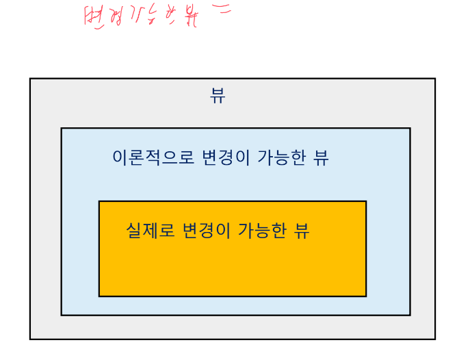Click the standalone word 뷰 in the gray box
click(218, 97)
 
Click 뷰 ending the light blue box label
click(321, 158)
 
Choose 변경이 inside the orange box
click(206, 231)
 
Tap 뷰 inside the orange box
click(302, 231)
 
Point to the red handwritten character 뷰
click(189, 16)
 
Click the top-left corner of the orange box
click(99, 201)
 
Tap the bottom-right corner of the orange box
click(366, 296)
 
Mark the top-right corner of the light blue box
click(410, 128)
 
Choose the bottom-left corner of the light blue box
click(62, 315)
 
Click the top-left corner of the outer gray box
click(30, 79)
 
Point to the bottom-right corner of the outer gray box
click(434, 339)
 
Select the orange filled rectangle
click(233, 267)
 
